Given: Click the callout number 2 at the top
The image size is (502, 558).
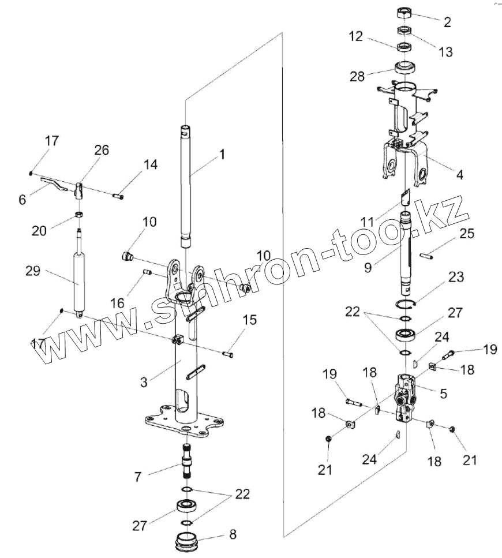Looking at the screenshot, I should tap(447, 23).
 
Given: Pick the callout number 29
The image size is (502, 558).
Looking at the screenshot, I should tap(33, 270).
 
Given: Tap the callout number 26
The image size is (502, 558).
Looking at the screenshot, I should tap(102, 151).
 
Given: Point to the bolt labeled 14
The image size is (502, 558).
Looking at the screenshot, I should tap(120, 196).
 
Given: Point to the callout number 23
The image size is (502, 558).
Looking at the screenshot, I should tap(456, 277).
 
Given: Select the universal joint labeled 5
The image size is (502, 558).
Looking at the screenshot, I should tap(406, 395).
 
